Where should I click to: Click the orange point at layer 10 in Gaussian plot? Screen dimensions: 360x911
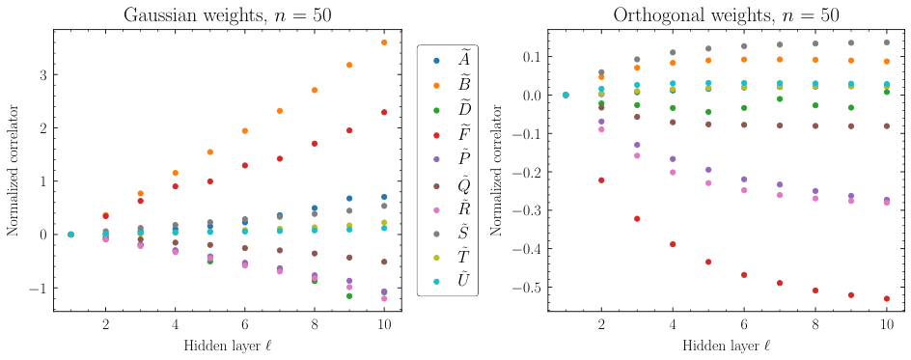pyautogui.click(x=384, y=42)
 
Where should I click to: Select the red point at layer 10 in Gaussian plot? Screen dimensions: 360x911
pyautogui.click(x=384, y=112)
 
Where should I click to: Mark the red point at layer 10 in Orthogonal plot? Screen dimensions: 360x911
pyautogui.click(x=886, y=299)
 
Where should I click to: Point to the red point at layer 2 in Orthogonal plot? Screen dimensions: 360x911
pyautogui.click(x=601, y=180)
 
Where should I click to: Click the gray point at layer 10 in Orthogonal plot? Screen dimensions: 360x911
pyautogui.click(x=886, y=42)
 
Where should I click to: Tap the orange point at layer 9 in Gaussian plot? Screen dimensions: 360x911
pyautogui.click(x=349, y=65)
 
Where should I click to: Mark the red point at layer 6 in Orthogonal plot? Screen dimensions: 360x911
pyautogui.click(x=744, y=275)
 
